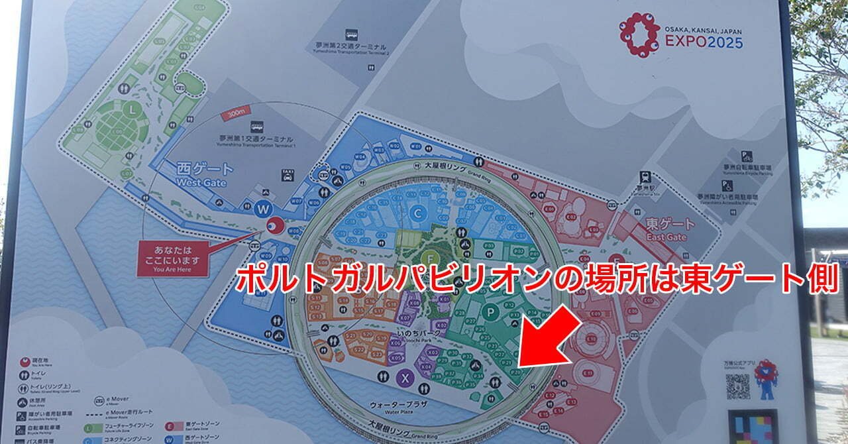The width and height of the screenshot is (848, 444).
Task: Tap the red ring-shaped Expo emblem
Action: coord(639,34)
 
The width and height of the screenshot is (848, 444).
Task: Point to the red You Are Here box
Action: coord(173,257)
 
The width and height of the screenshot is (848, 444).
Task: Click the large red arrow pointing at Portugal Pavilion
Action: coord(546,339)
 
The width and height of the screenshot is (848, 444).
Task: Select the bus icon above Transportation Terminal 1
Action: coord(256,127)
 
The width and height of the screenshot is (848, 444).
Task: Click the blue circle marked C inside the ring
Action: coord(418,213)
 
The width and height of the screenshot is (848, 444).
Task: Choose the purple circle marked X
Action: coord(405,378)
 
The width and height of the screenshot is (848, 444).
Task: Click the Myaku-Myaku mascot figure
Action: coord(767,378)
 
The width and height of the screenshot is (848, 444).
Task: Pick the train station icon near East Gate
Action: coord(644,177)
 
